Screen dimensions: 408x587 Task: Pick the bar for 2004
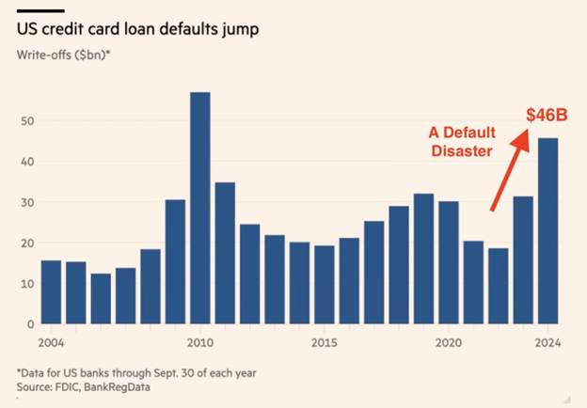pyautogui.click(x=51, y=292)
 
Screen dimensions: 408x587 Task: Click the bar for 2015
pyautogui.click(x=324, y=285)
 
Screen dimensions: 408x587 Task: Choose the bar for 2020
pyautogui.click(x=448, y=262)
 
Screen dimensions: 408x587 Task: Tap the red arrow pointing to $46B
pyautogui.click(x=507, y=169)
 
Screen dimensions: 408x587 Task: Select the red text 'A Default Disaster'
pyautogui.click(x=459, y=141)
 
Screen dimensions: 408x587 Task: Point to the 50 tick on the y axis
pyautogui.click(x=27, y=121)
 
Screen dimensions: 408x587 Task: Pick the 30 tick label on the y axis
pyautogui.click(x=27, y=203)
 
